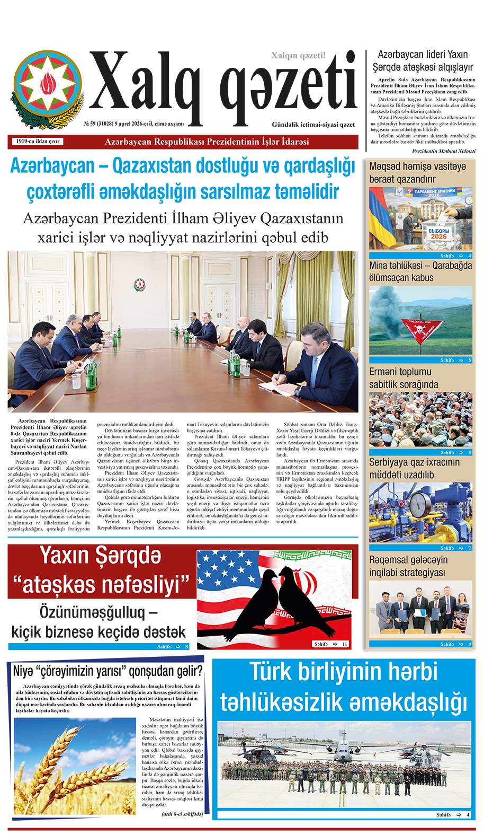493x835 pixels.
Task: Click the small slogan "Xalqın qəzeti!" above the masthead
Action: (x=298, y=56)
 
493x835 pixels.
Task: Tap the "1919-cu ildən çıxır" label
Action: (x=37, y=142)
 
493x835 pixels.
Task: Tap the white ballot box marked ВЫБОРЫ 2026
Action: (x=438, y=235)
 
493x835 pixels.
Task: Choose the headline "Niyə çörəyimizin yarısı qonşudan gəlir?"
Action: (x=107, y=671)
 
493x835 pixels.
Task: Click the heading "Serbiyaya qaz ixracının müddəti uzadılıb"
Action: (x=414, y=469)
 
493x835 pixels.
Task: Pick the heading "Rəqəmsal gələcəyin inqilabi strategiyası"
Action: (x=408, y=566)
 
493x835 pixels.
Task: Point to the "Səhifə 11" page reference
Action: (x=330, y=644)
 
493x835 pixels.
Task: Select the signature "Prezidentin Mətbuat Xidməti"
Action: (x=443, y=151)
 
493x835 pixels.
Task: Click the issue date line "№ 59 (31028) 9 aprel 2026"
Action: (x=133, y=124)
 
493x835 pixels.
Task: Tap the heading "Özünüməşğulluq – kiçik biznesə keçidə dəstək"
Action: (x=98, y=622)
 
